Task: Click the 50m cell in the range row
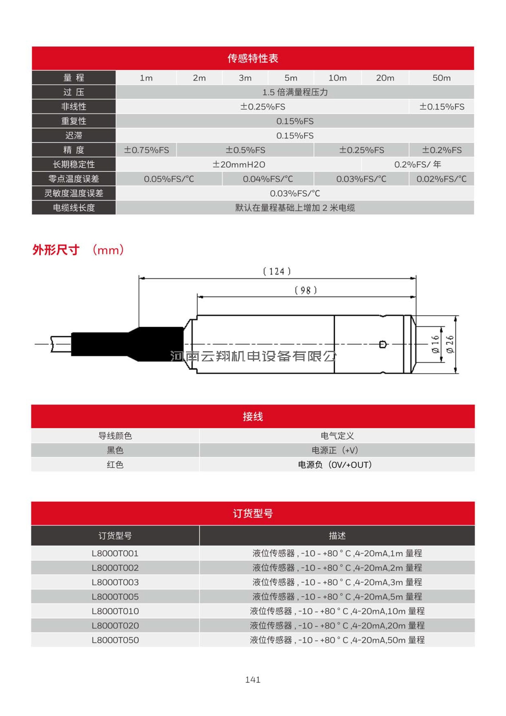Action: click(x=441, y=78)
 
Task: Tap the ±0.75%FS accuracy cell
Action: click(x=146, y=150)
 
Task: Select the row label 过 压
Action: click(x=74, y=92)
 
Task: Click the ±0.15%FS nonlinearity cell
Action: click(x=442, y=107)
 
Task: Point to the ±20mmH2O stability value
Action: click(x=239, y=165)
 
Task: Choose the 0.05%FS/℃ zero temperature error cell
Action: click(x=169, y=179)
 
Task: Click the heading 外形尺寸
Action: click(x=56, y=250)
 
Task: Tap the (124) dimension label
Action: click(x=277, y=271)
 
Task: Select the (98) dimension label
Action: click(x=305, y=290)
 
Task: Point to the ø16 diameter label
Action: click(x=436, y=344)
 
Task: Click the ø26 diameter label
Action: click(x=450, y=344)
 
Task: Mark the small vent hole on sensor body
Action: click(x=383, y=344)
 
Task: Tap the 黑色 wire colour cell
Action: click(x=115, y=450)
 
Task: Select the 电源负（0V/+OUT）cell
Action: click(x=335, y=465)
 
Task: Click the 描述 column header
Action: click(x=337, y=536)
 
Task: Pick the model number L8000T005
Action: click(x=115, y=597)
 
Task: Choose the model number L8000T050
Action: click(x=115, y=640)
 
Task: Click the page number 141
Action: click(x=253, y=680)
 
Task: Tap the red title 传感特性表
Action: click(x=253, y=58)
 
